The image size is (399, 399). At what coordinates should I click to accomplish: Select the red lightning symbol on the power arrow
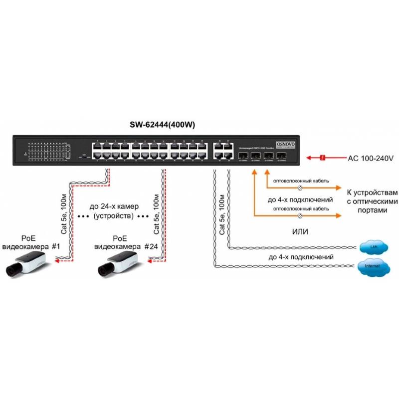coord(323,158)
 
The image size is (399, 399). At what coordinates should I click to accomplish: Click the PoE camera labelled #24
coord(118,263)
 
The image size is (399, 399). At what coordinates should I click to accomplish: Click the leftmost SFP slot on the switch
coord(243,156)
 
